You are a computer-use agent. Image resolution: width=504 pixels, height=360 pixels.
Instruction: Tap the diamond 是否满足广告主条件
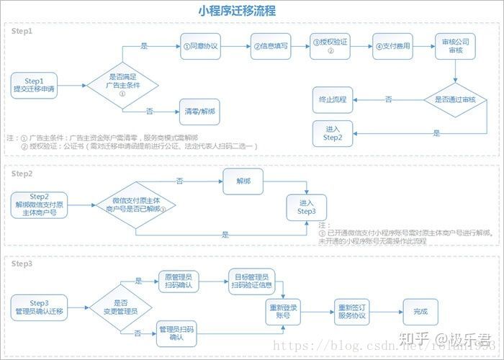point(122,84)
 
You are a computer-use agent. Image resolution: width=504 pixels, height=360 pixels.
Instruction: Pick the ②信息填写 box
point(270,46)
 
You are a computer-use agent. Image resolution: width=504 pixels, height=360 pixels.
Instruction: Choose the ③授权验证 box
point(330,46)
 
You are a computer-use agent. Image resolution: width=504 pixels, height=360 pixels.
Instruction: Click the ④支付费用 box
point(392,46)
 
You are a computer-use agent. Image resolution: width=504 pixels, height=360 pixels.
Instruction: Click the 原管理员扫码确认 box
point(178,282)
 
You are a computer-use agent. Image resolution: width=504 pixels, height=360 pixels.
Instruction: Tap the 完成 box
point(420,311)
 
